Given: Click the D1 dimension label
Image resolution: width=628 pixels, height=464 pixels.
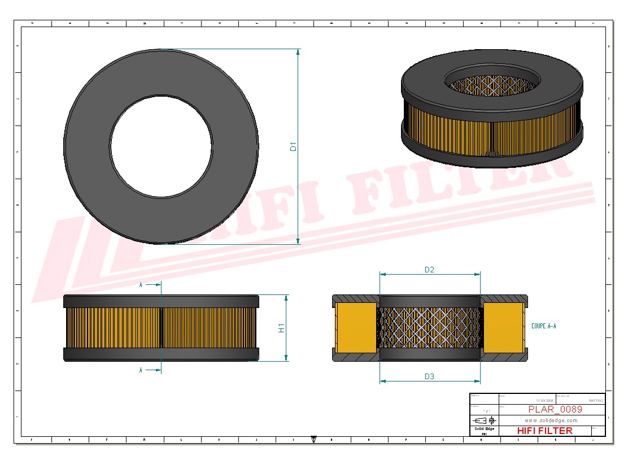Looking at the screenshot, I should [293, 147].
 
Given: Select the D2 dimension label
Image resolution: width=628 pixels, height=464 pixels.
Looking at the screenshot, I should [429, 270].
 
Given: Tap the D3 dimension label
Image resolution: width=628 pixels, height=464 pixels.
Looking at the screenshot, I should [429, 376].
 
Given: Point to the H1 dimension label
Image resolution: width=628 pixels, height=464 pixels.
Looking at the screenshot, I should [281, 328].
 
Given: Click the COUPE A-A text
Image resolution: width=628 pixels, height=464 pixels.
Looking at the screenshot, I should [544, 326].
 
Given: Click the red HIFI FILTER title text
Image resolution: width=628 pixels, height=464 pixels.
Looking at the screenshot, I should [544, 431].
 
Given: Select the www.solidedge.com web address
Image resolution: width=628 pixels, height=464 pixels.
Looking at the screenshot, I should [551, 420].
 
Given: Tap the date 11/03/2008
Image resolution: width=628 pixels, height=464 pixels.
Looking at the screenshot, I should [544, 400].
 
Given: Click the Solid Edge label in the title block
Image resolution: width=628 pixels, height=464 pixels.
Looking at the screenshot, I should [484, 429].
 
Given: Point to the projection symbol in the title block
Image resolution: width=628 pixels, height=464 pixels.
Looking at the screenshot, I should [485, 420].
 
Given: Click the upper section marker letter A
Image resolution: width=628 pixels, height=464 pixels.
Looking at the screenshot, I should [141, 285].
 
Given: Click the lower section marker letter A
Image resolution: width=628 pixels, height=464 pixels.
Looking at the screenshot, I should [141, 370].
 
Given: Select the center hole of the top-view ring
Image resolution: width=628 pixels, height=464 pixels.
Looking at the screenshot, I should [161, 146].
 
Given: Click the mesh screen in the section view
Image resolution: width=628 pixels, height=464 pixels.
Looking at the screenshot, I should [429, 328].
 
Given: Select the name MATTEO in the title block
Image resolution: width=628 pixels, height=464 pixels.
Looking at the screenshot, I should [595, 400].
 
